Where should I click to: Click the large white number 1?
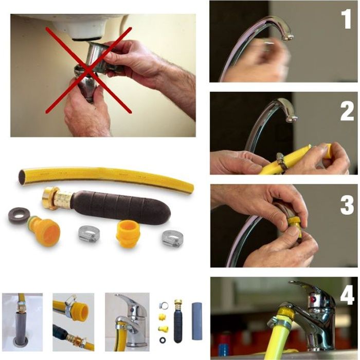(x=346, y=19)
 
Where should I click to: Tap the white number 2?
(x=347, y=111)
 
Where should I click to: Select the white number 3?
(x=347, y=205)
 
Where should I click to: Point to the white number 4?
(x=347, y=295)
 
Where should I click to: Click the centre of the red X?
(x=88, y=70)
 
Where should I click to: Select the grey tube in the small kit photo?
(x=197, y=321)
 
